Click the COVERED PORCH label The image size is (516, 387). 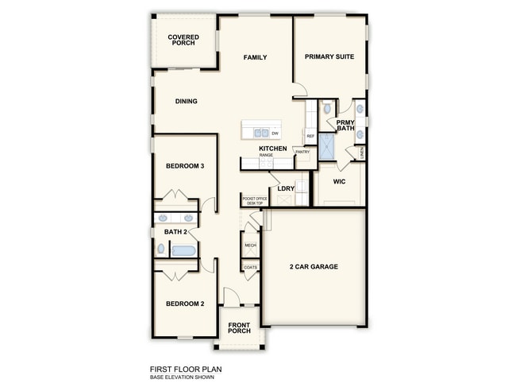[x=183, y=40]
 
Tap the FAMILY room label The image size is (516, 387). [x=255, y=57]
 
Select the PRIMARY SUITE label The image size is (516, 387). [x=329, y=57]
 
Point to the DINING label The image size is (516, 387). [x=186, y=101]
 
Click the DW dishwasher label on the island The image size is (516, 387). [x=275, y=133]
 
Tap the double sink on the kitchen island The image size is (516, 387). [x=259, y=132]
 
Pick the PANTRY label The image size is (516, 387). [x=302, y=151]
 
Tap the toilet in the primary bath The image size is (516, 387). [x=326, y=108]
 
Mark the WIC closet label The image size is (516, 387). [x=339, y=182]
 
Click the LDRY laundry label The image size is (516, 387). [x=286, y=188]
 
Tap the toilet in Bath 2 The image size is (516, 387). [x=160, y=249]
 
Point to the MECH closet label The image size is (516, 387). [x=250, y=246]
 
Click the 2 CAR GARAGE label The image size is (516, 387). [x=314, y=266]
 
